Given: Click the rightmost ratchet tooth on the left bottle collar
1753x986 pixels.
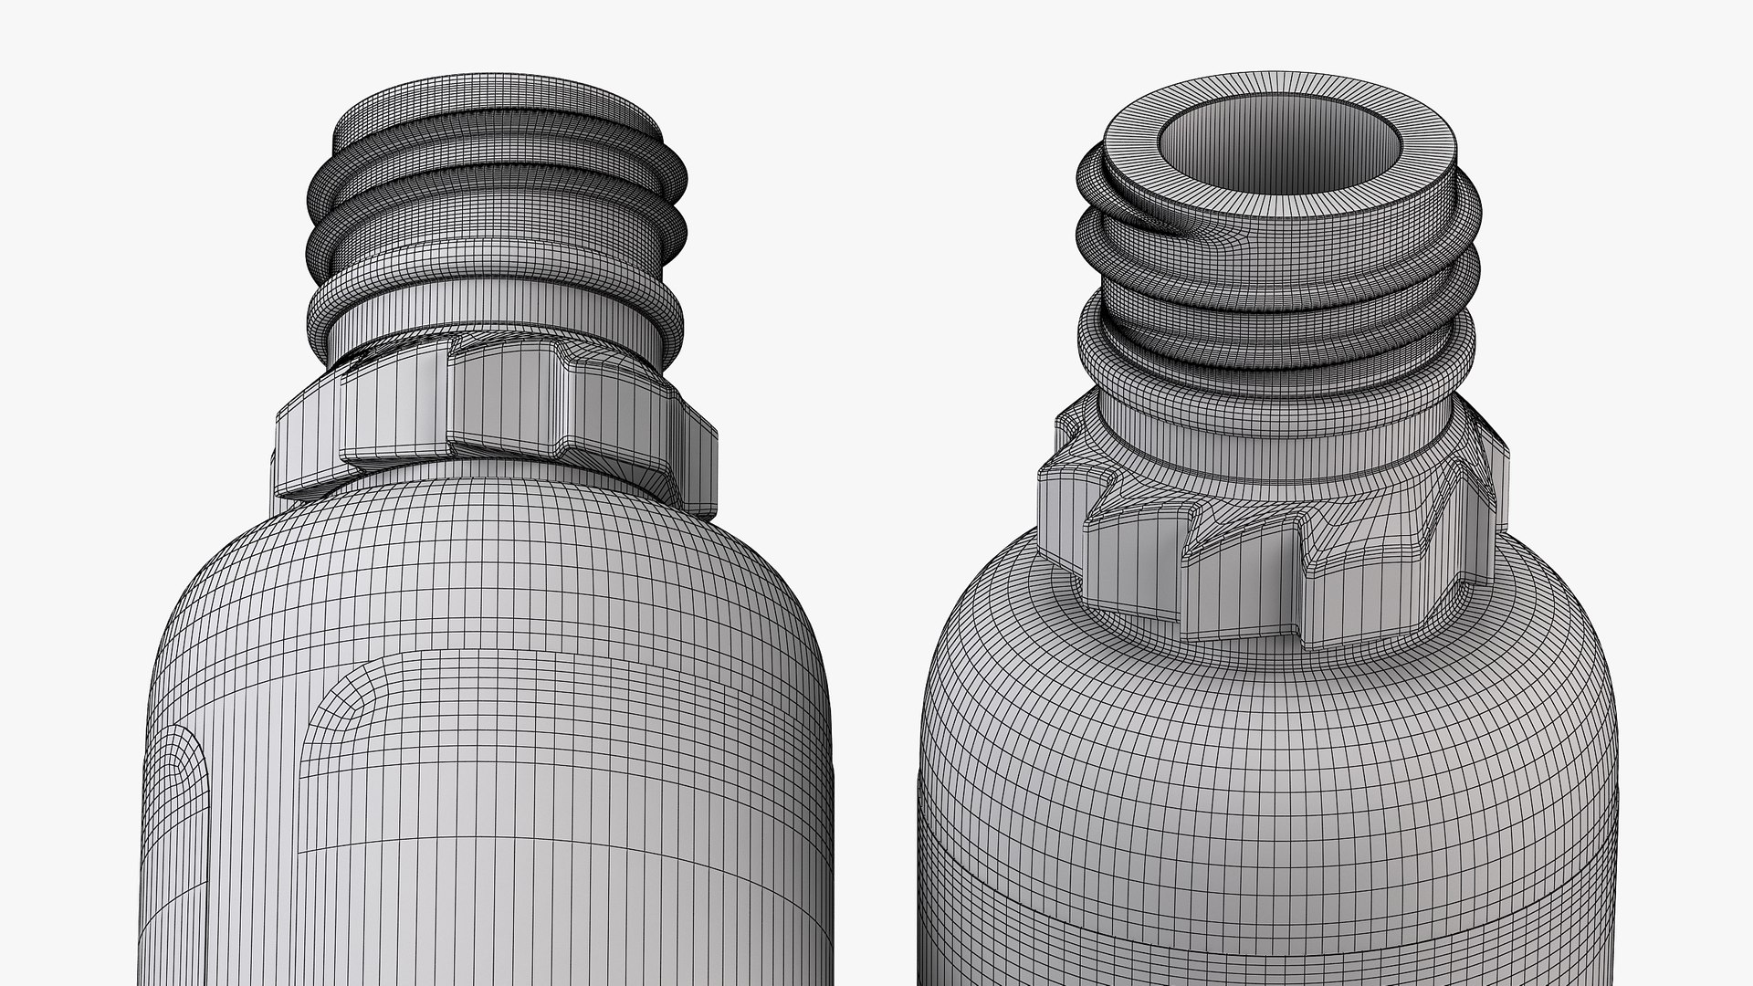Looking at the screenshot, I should pos(698,456).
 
